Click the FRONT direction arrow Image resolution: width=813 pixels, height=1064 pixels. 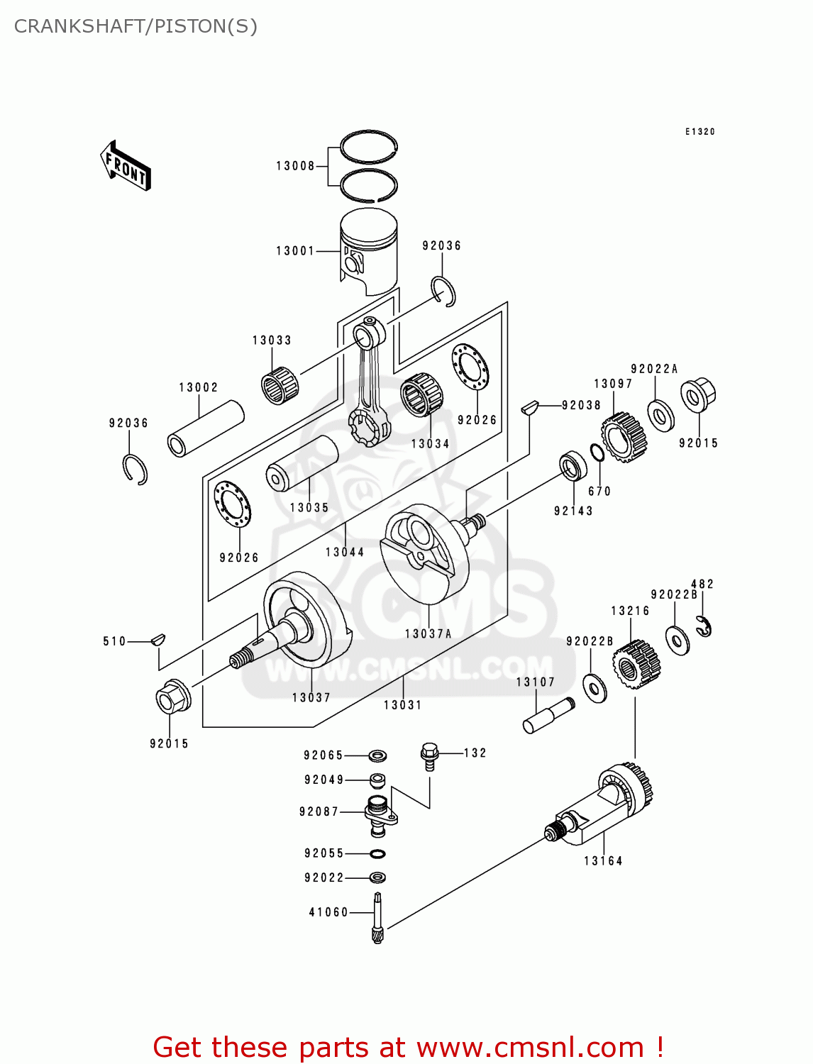(126, 166)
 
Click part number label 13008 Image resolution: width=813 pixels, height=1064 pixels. (295, 166)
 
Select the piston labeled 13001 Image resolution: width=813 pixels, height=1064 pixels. (368, 251)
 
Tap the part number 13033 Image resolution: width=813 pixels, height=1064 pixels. (272, 340)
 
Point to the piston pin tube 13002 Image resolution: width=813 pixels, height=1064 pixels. (205, 429)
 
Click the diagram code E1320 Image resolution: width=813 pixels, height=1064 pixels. (699, 132)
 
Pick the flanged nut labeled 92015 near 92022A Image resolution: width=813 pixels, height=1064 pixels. (698, 395)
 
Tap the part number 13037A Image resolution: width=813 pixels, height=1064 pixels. (428, 634)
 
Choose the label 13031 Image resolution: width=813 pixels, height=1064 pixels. (402, 705)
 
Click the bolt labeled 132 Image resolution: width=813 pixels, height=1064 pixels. (429, 755)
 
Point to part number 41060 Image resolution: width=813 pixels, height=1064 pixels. (328, 912)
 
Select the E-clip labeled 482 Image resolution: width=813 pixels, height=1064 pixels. (704, 627)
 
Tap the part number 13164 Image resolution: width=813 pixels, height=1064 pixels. (603, 861)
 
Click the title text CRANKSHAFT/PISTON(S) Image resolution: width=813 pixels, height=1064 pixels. (135, 26)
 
